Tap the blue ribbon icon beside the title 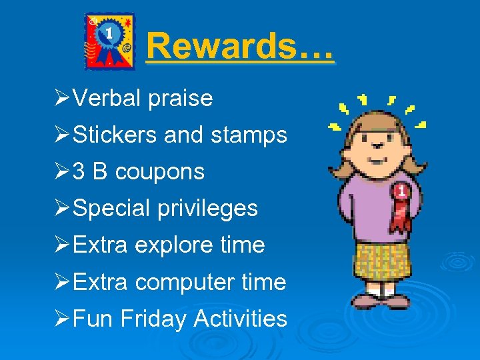click(109, 41)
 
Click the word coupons click(159, 173)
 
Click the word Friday click(155, 319)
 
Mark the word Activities click(241, 319)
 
